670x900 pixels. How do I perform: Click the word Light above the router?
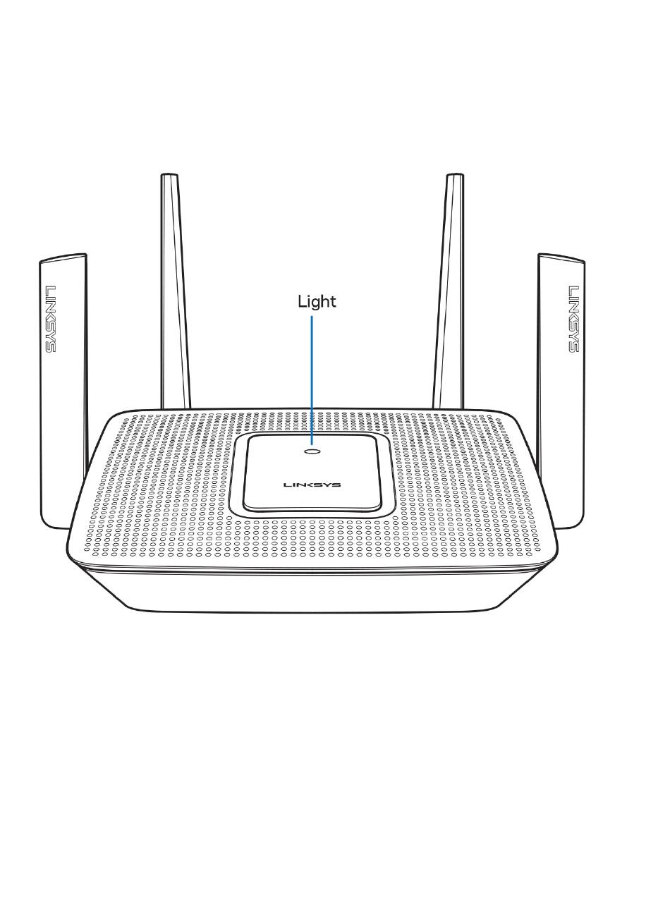click(x=317, y=302)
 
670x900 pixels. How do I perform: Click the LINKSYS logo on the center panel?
click(x=312, y=485)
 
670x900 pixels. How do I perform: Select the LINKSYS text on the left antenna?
click(x=51, y=319)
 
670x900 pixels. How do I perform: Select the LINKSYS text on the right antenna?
click(x=573, y=319)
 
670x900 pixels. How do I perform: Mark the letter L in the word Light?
click(x=301, y=302)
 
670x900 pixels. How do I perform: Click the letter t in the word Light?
click(x=333, y=302)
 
